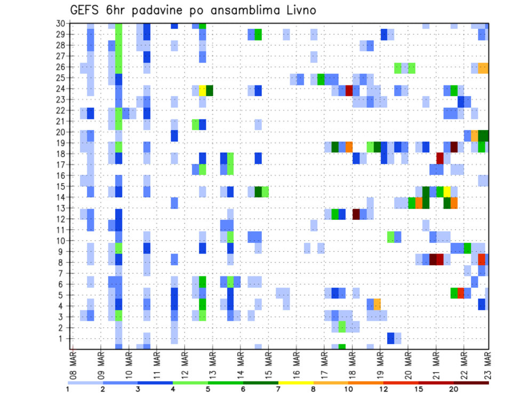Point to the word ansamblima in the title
tap(246, 10)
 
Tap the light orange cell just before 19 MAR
tap(377, 304)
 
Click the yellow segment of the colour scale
tap(295, 383)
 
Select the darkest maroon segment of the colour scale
tap(471, 383)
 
